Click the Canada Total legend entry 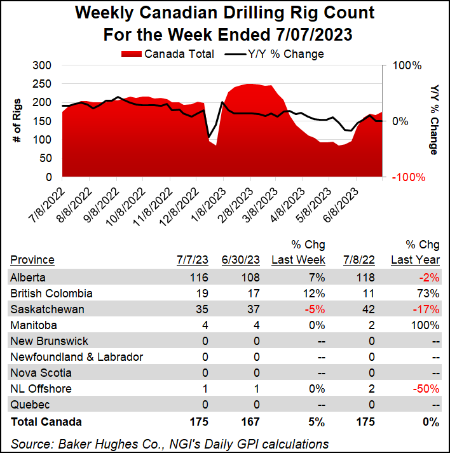(167, 54)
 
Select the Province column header (32, 259)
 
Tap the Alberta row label (28, 277)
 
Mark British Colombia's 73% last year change (429, 294)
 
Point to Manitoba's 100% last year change (426, 325)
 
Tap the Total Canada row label (46, 421)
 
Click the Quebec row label (29, 405)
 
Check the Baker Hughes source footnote (169, 443)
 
